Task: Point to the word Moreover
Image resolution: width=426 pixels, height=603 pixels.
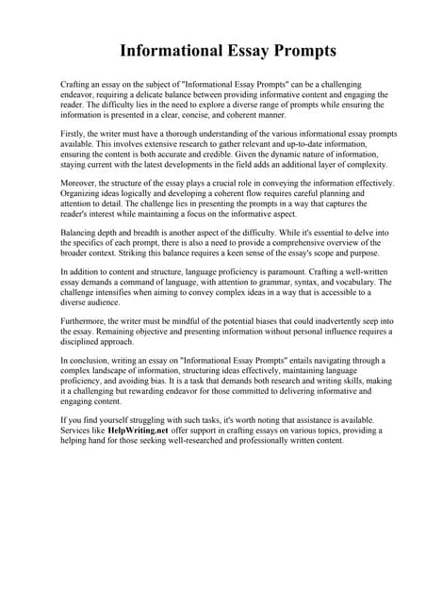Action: click(x=79, y=182)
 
